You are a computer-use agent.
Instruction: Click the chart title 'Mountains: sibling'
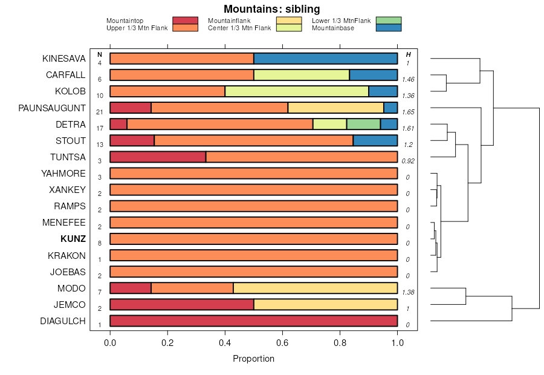coord(271,9)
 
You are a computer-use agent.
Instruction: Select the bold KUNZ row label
coord(73,239)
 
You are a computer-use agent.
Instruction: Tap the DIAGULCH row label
coord(63,321)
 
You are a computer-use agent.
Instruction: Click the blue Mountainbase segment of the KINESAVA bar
coord(325,59)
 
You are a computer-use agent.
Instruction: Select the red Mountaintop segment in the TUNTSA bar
coord(158,157)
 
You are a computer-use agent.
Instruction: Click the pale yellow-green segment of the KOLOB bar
coord(297,91)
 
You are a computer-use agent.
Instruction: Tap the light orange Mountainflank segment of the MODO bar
coord(315,288)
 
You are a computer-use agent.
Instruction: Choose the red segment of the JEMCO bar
coord(181,304)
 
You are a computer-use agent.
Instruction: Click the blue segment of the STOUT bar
coord(375,141)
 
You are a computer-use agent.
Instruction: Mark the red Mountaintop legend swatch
coord(185,21)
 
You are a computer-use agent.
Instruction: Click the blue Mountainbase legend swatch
coord(388,28)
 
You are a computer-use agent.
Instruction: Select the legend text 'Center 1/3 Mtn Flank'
coord(239,28)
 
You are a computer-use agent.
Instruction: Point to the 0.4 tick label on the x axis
coord(225,343)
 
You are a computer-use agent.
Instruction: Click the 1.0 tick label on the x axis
coord(397,343)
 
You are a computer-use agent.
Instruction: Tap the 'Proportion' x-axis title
coord(253,359)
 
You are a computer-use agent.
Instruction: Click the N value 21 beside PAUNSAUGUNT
coord(99,112)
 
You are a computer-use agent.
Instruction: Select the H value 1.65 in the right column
coord(408,112)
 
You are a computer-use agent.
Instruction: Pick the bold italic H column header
coord(408,55)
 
